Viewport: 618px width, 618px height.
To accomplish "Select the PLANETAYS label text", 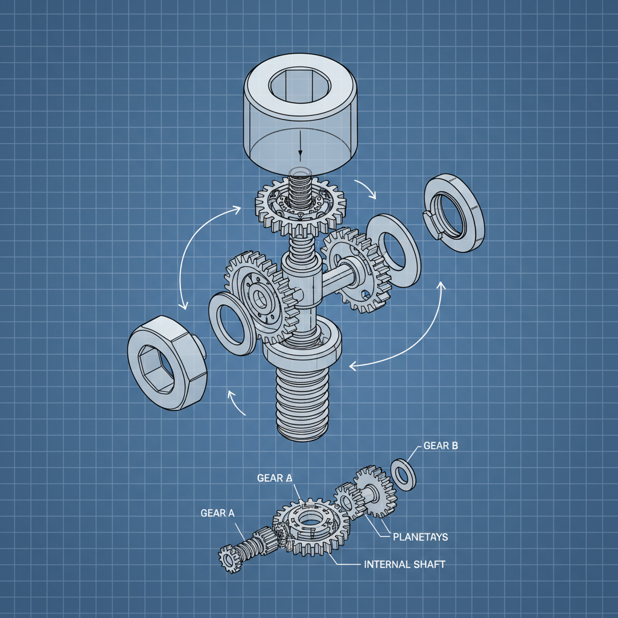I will [x=420, y=536].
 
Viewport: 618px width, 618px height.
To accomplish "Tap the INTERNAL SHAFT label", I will [x=405, y=565].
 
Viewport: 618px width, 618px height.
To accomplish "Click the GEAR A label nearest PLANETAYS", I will [x=275, y=478].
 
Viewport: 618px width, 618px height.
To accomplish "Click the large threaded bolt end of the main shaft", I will [x=302, y=401].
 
